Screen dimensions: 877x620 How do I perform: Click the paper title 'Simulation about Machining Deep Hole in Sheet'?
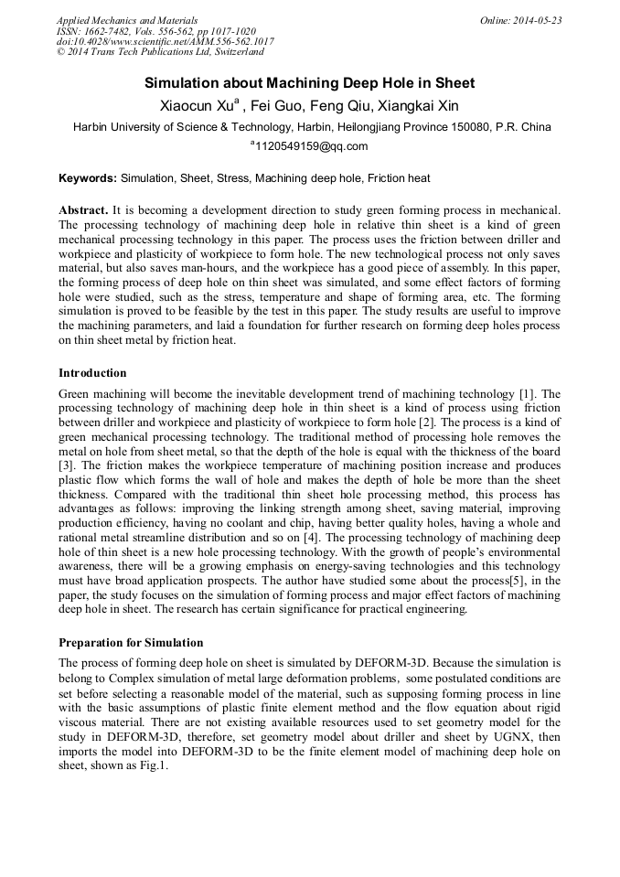tap(310, 83)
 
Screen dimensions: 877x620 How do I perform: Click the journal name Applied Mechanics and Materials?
tap(126, 20)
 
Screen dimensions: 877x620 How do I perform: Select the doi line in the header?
tap(165, 42)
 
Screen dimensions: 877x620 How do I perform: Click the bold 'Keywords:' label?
tap(88, 178)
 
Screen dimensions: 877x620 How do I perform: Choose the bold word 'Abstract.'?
tap(85, 209)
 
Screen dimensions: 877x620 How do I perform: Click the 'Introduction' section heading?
tap(92, 373)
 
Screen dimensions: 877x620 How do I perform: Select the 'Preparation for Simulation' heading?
tap(131, 643)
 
